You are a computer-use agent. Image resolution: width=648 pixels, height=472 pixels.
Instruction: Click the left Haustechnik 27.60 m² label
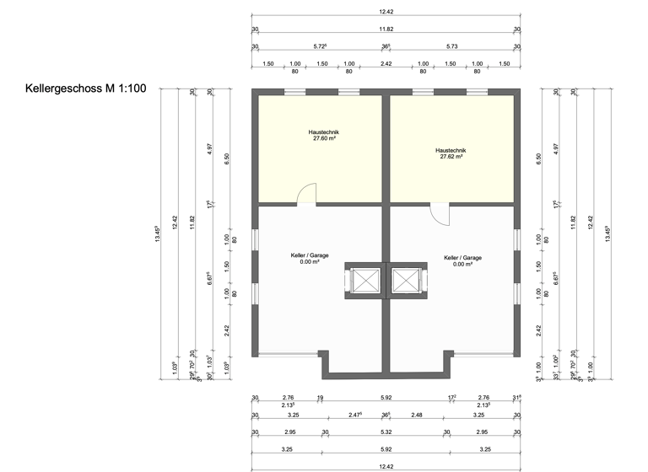323,135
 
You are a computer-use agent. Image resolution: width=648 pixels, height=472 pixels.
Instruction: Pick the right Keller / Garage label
462,260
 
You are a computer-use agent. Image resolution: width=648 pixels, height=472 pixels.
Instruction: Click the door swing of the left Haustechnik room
307,194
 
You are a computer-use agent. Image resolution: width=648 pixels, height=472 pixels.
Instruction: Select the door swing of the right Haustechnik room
440,212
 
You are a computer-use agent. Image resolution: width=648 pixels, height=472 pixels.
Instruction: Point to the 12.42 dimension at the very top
386,12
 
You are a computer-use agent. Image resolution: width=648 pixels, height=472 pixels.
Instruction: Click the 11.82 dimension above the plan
386,29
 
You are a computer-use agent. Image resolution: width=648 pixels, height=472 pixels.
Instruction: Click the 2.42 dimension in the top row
386,64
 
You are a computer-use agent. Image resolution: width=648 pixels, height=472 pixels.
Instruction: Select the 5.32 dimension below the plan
386,432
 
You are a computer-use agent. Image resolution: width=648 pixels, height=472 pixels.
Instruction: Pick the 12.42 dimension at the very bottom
386,466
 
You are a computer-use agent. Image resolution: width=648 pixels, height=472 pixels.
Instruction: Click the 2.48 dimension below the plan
417,415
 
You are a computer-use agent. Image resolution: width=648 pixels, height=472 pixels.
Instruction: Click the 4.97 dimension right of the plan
556,147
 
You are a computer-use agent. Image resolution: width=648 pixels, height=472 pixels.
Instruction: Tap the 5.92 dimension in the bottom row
386,449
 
